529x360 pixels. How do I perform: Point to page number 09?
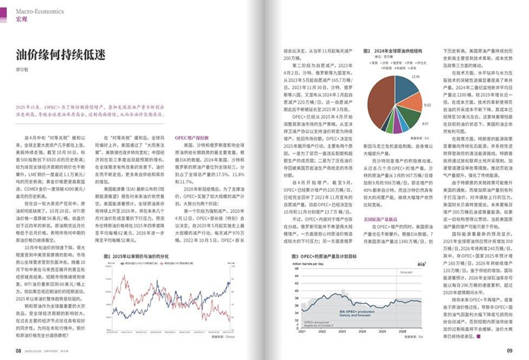508,351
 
